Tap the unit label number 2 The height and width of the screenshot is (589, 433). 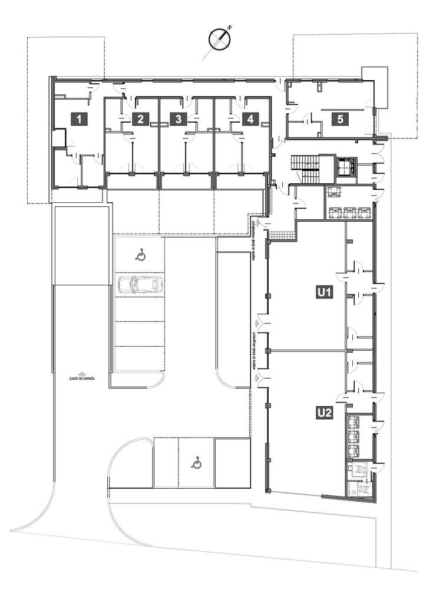[140, 119]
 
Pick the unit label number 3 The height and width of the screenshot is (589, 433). [178, 119]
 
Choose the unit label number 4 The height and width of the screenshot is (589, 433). [250, 119]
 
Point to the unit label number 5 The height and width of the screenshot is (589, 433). [339, 119]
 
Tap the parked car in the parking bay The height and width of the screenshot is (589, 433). [139, 284]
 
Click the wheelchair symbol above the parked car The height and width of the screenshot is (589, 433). [140, 255]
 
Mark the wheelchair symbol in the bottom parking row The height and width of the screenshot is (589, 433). [197, 463]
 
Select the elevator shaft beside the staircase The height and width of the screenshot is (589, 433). [345, 166]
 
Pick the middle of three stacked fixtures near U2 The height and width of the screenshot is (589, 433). [355, 437]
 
